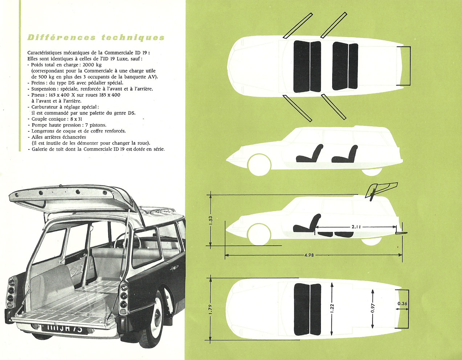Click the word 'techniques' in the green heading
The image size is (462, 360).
(x=133, y=37)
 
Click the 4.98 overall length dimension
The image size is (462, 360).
(x=309, y=255)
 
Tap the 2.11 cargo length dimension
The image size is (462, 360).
(x=356, y=227)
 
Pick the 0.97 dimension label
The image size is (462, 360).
(x=372, y=308)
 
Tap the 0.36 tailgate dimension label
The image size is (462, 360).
(x=402, y=304)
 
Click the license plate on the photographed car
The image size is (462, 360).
(x=65, y=329)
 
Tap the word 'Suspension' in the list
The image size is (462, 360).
(x=44, y=89)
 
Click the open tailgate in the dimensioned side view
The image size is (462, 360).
(x=381, y=191)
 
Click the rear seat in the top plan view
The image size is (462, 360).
(x=345, y=66)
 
